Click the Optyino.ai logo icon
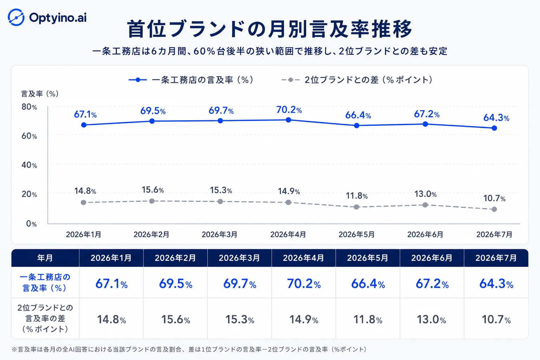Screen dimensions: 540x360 click(16, 17)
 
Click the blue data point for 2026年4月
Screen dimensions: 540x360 click(288, 120)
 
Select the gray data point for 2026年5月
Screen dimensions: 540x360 click(356, 207)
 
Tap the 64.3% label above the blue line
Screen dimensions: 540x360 click(496, 118)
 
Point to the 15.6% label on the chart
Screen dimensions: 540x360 click(153, 190)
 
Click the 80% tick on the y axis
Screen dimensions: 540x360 click(29, 107)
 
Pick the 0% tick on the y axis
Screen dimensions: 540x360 click(31, 224)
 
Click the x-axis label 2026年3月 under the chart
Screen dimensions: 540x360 click(219, 234)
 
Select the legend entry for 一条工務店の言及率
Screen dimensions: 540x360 click(191, 80)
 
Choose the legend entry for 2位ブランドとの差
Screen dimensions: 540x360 click(357, 80)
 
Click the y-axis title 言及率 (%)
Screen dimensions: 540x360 click(40, 94)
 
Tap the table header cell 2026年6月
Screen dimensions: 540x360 click(432, 258)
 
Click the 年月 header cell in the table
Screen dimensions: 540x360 click(45, 258)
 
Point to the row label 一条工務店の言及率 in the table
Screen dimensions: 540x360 click(45, 282)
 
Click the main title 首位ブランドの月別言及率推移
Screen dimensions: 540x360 click(270, 29)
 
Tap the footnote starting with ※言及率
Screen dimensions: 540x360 click(189, 349)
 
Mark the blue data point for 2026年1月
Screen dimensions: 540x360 click(84, 125)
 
